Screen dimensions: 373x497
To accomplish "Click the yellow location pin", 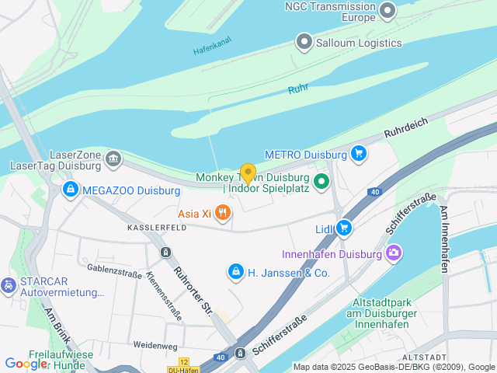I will (248, 173).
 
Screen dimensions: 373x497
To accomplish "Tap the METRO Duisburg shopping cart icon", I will (358, 154).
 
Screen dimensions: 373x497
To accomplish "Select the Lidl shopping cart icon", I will (345, 228).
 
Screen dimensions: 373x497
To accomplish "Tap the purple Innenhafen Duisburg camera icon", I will (394, 254).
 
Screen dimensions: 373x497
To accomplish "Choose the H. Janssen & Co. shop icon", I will (235, 272).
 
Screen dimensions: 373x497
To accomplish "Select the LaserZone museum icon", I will (113, 159).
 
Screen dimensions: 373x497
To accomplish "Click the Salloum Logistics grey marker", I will (304, 43).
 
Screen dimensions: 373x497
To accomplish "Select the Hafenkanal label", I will (212, 47).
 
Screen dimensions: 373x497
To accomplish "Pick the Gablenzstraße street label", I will (115, 270).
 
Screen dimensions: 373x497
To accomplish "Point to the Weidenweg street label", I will (155, 345).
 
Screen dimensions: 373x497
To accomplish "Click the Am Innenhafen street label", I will (443, 239).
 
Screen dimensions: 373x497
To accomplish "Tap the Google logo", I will (26, 363).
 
